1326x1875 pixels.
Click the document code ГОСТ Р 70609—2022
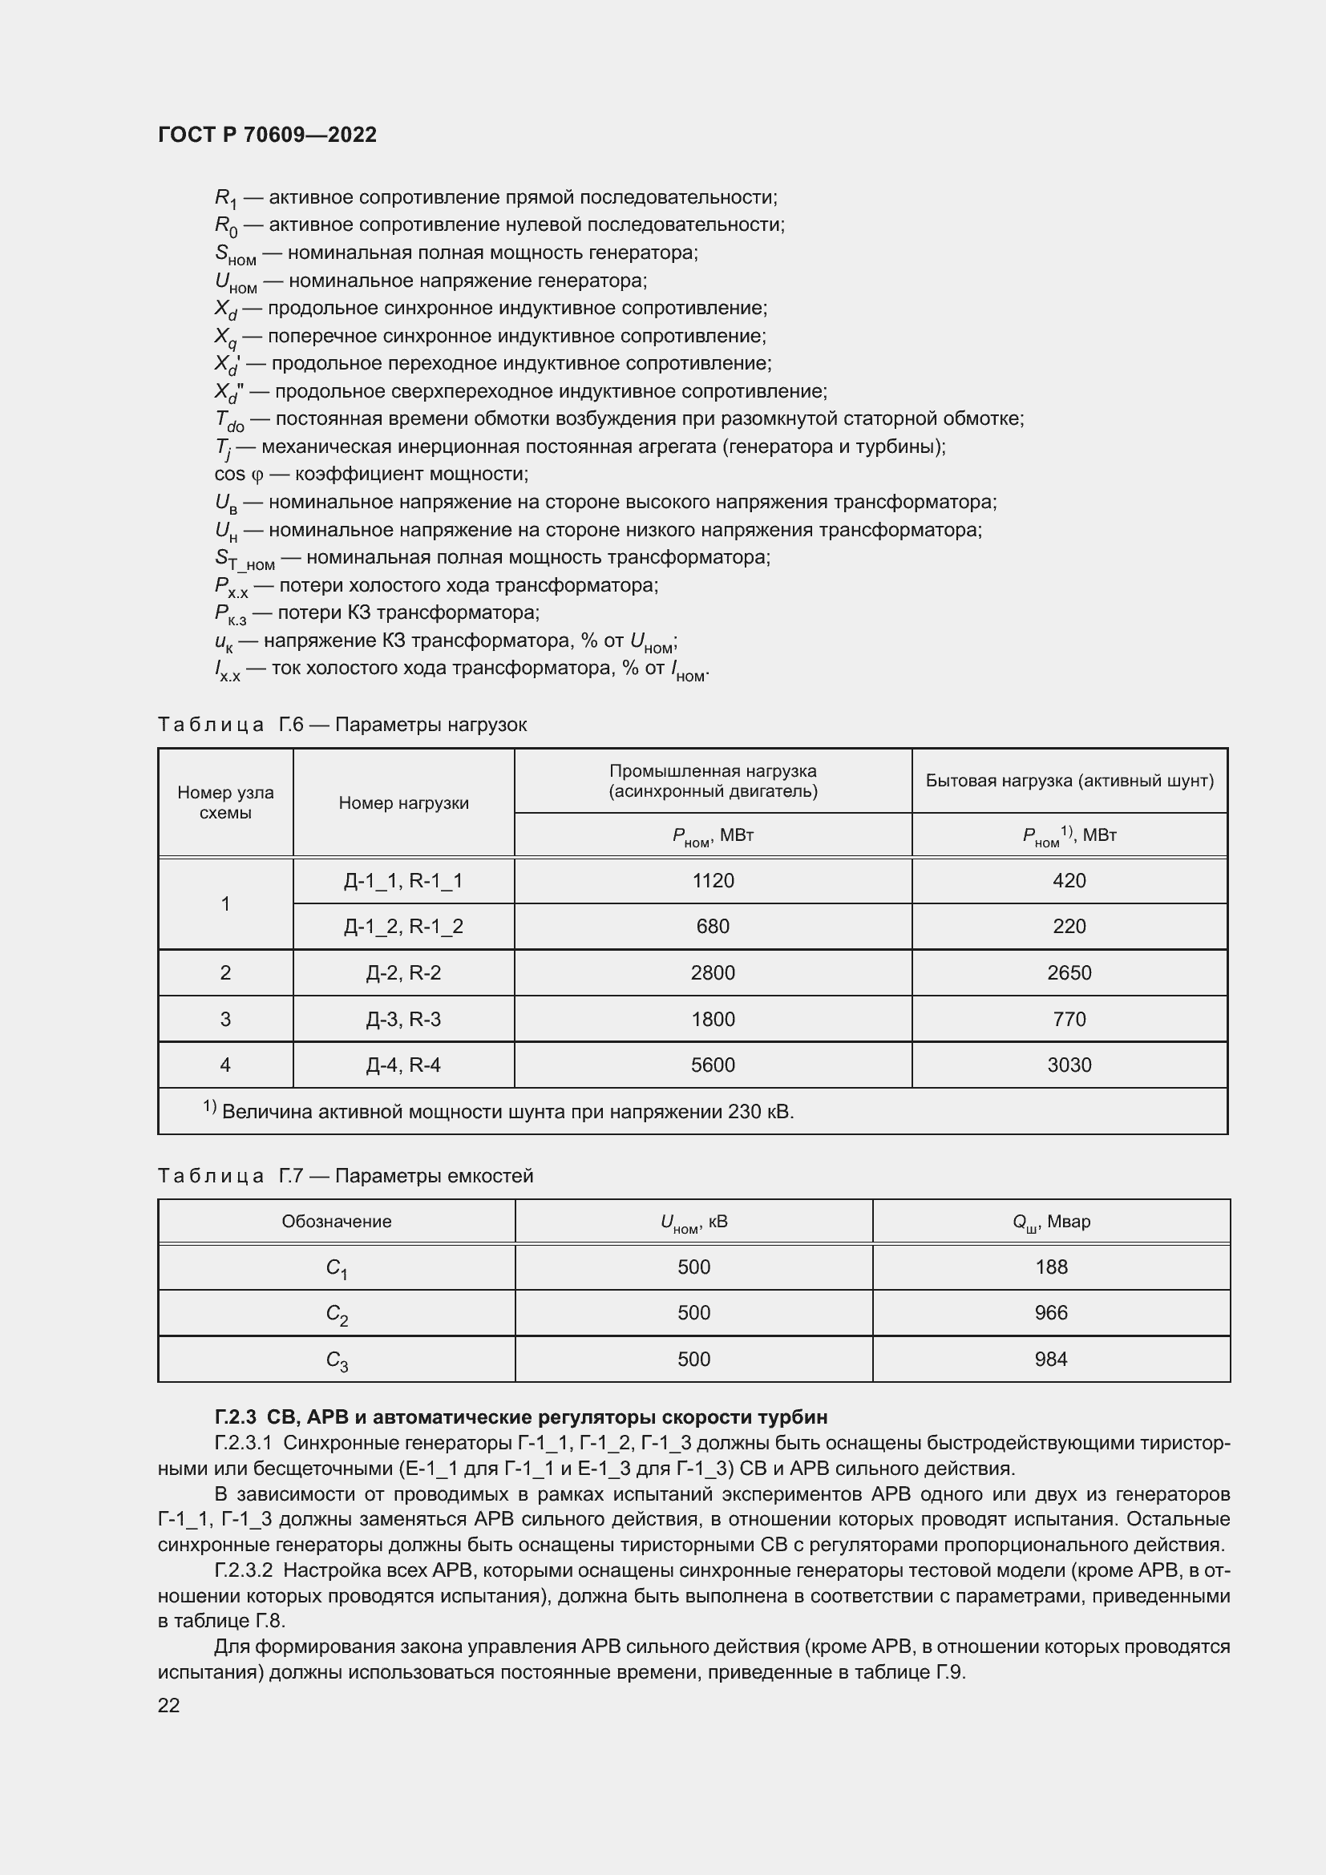tap(267, 135)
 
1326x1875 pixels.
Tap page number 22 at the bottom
tap(168, 1705)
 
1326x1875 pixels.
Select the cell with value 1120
tap(712, 880)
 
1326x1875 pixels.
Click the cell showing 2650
tap(1069, 972)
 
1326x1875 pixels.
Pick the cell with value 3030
tap(1069, 1065)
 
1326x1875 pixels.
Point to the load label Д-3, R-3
tap(403, 1019)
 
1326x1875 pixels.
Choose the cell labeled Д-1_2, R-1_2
tap(403, 926)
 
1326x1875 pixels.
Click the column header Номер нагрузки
tap(403, 802)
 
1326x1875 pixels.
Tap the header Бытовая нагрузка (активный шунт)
tap(1069, 781)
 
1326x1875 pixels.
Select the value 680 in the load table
tap(712, 926)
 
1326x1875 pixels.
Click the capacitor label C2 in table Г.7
tap(337, 1314)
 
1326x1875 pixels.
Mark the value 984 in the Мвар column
tap(1051, 1359)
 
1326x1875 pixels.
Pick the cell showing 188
tap(1051, 1267)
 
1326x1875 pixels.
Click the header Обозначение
tap(337, 1222)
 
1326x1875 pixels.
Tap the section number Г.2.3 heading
tap(235, 1416)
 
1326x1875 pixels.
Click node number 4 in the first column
tap(225, 1065)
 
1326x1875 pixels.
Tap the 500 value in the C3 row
tap(693, 1359)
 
